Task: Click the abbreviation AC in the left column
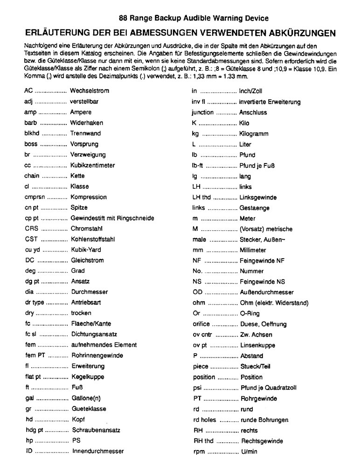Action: [28, 91]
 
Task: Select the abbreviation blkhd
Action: [32, 133]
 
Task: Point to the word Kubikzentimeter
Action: [92, 165]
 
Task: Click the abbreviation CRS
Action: [31, 229]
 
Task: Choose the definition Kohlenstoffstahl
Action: [92, 240]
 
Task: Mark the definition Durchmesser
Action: [89, 292]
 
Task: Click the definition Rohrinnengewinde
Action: [97, 356]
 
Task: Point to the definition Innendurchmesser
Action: [97, 452]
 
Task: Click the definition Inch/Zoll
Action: [250, 91]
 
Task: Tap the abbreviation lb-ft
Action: [198, 165]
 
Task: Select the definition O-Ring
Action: [249, 314]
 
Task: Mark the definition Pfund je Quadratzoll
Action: [268, 388]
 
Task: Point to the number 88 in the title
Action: [123, 19]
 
